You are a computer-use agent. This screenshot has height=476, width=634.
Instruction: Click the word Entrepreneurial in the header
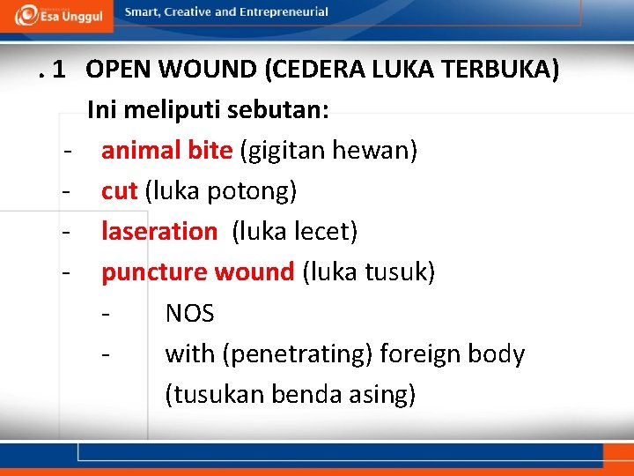coord(284,12)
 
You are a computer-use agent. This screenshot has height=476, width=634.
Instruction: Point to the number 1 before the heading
coord(59,71)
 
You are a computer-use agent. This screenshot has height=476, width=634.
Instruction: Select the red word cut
coord(119,191)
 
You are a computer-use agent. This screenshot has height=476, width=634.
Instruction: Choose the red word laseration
coord(158,232)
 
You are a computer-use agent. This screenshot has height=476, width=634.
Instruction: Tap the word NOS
coord(189,313)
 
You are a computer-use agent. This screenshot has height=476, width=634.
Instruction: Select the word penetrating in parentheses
coord(298,354)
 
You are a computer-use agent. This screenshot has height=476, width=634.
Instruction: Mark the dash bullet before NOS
coord(107,313)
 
